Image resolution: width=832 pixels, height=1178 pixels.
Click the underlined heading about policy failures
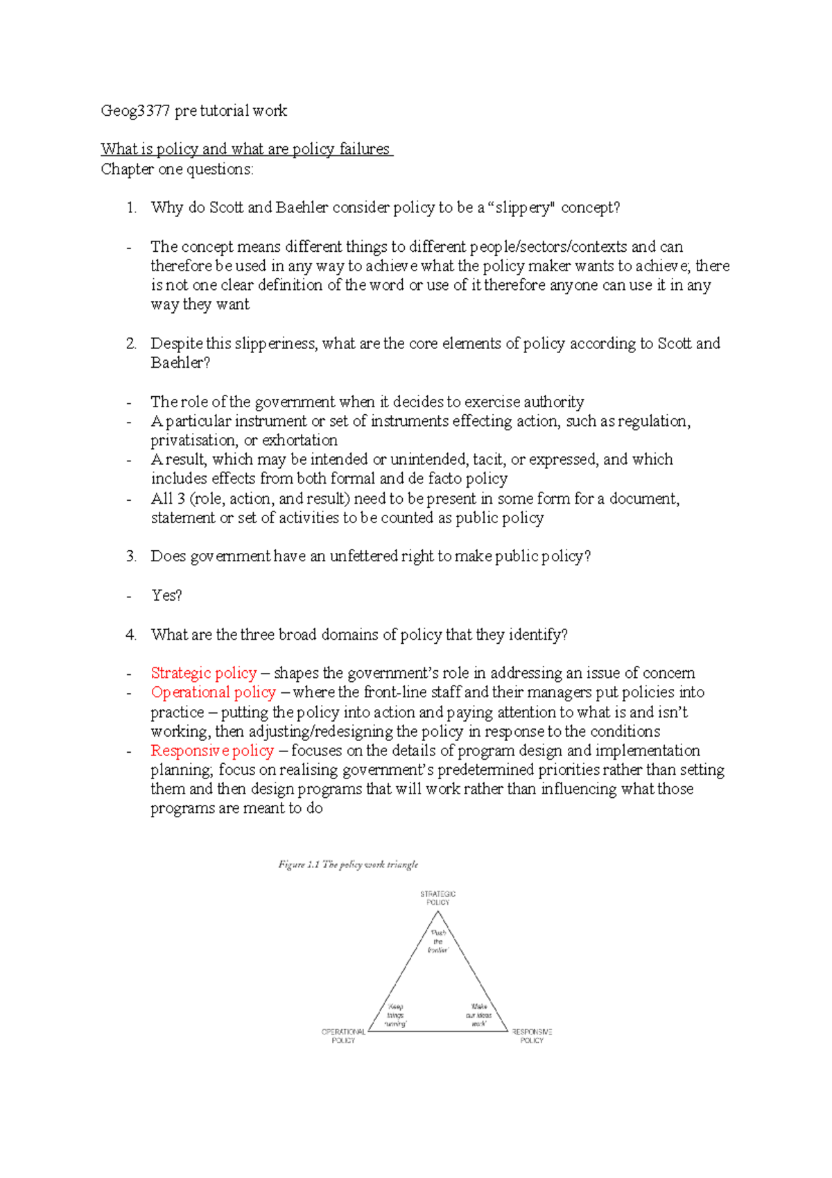(x=246, y=149)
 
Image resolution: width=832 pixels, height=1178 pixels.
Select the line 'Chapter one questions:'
(x=177, y=169)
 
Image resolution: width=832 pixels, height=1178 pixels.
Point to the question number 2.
(x=131, y=343)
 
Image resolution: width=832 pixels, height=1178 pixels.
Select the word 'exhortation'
(x=300, y=441)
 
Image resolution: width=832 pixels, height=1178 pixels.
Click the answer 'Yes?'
(x=166, y=595)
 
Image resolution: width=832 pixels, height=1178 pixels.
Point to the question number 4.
(x=131, y=635)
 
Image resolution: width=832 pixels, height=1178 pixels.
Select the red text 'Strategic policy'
(x=204, y=673)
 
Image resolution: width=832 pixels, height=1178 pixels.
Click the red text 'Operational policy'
(x=214, y=692)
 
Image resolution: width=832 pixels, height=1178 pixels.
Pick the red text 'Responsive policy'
(x=212, y=751)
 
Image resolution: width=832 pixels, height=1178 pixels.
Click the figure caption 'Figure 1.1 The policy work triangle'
(x=348, y=864)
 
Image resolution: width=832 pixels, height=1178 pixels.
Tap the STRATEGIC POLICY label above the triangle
(x=437, y=898)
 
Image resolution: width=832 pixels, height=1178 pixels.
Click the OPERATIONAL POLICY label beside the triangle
(x=343, y=1036)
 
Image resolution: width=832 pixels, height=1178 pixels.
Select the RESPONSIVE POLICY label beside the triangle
(x=532, y=1036)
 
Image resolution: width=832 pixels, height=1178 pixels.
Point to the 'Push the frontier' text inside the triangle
(x=438, y=941)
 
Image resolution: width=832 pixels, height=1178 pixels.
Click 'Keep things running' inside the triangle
(x=395, y=1015)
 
